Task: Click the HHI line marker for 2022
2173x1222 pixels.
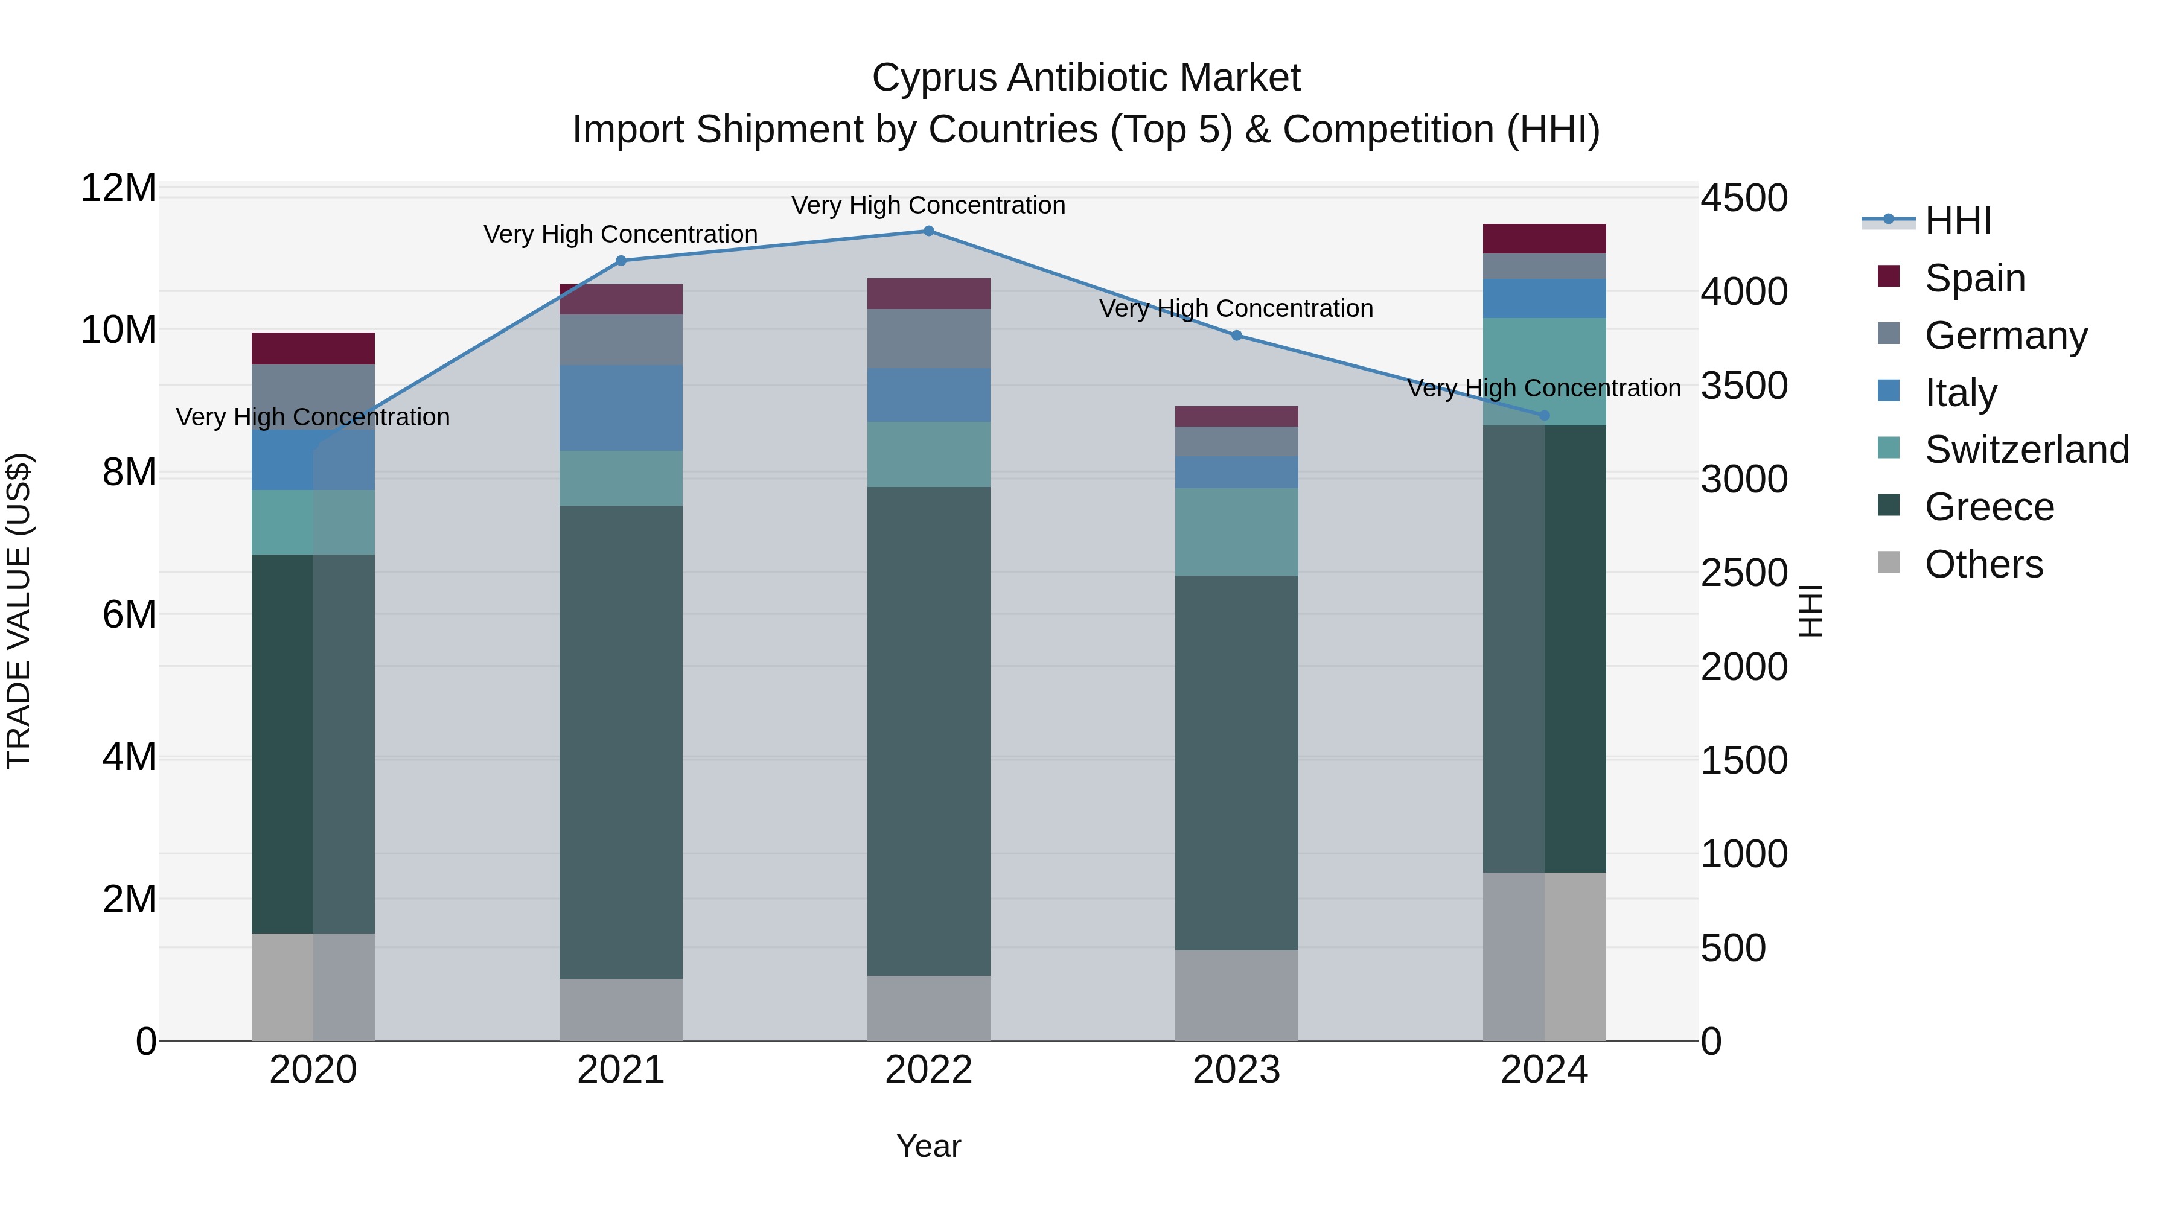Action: pyautogui.click(x=929, y=231)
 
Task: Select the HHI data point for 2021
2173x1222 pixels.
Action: pyautogui.click(x=621, y=261)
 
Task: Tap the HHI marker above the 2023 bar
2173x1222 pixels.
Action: pyautogui.click(x=1237, y=336)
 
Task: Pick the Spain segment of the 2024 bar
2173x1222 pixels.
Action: pyautogui.click(x=1545, y=238)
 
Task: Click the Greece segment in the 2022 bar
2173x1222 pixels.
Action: pyautogui.click(x=929, y=731)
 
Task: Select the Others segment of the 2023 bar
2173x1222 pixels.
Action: pyautogui.click(x=1237, y=995)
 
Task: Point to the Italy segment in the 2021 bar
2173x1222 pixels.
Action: pyautogui.click(x=621, y=408)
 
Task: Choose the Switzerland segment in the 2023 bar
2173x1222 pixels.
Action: pyautogui.click(x=1237, y=532)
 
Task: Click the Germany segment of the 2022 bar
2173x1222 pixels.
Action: pyautogui.click(x=929, y=338)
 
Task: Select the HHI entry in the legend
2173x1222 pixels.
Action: pyautogui.click(x=1957, y=221)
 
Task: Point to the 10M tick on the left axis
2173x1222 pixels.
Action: pyautogui.click(x=118, y=329)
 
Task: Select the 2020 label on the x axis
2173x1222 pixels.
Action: pyautogui.click(x=313, y=1070)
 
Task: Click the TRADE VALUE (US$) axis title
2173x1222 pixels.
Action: pyautogui.click(x=19, y=611)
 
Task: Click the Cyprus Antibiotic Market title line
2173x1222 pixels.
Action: pyautogui.click(x=1086, y=78)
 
